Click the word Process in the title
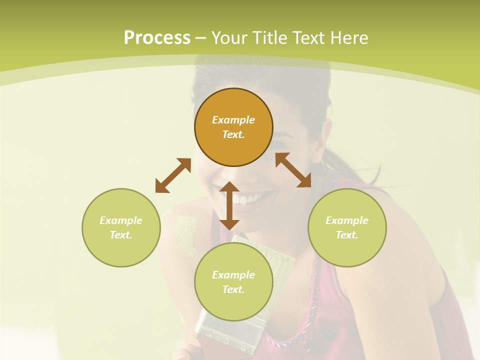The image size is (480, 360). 157,38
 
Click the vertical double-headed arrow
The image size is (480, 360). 229,205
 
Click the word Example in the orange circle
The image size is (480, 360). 233,120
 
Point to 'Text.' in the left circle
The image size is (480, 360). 121,235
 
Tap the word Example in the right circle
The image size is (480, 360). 347,220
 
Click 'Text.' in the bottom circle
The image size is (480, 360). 233,289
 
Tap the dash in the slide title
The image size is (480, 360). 201,38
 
